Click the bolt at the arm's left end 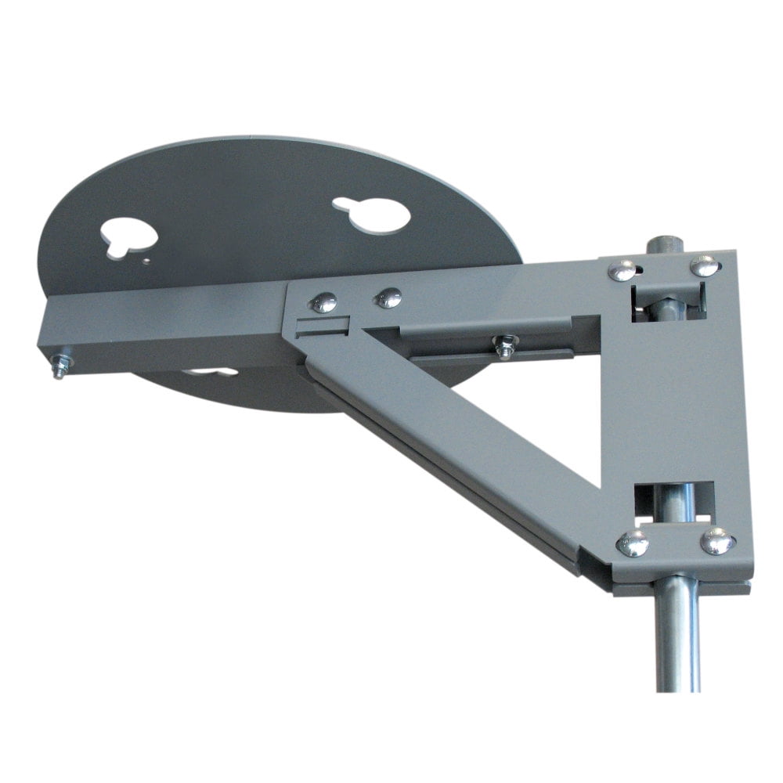[58, 366]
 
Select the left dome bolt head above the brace [323, 302]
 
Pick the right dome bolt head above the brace [388, 298]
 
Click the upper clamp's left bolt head [622, 270]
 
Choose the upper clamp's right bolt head [705, 265]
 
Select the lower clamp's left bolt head [633, 543]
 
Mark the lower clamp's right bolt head [717, 540]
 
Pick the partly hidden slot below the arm [211, 372]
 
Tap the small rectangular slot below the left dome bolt [321, 326]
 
